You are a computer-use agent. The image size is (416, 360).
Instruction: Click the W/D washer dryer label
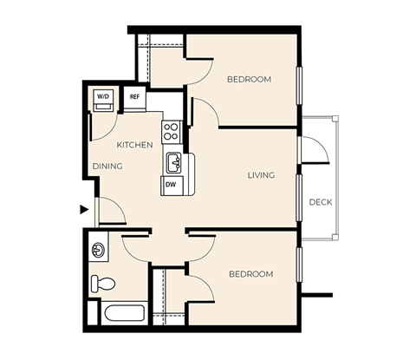coord(103,96)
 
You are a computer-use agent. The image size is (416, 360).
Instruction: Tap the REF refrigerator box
coord(134,97)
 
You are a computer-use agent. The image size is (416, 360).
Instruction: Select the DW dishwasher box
coord(171,184)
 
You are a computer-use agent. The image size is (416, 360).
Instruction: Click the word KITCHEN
coord(135,145)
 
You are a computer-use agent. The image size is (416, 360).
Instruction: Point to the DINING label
coord(108,166)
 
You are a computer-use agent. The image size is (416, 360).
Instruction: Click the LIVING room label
coord(261,175)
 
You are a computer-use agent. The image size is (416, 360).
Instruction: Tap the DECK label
coord(321,202)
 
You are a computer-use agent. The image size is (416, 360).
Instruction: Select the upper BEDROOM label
coord(249,79)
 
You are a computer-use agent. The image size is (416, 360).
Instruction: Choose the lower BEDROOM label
coord(250,274)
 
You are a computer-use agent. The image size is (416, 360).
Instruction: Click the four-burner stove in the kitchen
coord(171,132)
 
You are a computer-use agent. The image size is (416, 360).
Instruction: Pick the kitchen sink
coord(173,161)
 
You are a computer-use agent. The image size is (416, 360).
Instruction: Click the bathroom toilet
coord(103,282)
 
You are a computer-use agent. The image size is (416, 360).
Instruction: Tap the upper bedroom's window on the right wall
coord(299,84)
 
